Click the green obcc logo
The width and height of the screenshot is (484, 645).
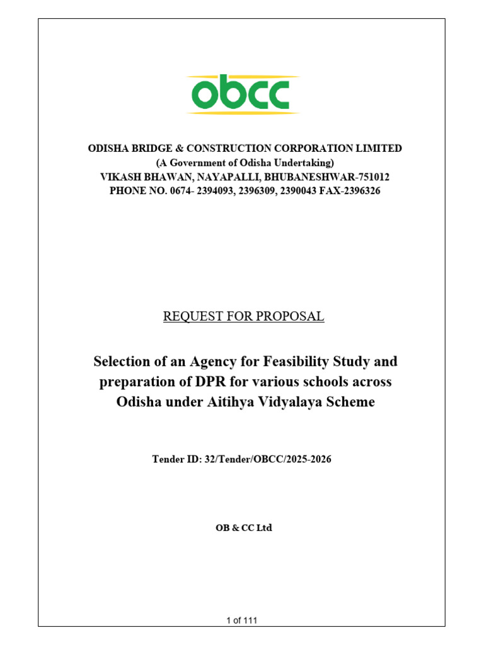(x=243, y=94)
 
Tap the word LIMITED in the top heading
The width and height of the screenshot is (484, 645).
(x=380, y=149)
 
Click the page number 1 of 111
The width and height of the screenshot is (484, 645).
(x=242, y=620)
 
